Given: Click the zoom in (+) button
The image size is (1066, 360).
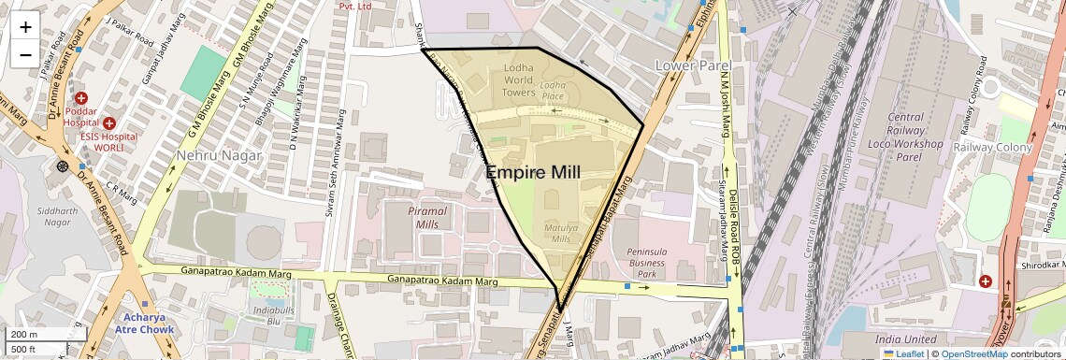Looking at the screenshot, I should pyautogui.click(x=25, y=26).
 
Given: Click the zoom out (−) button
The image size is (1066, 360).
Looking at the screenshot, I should pyautogui.click(x=25, y=54).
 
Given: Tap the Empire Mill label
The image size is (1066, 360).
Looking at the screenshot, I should pyautogui.click(x=533, y=172).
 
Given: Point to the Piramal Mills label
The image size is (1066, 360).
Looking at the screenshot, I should pyautogui.click(x=428, y=218).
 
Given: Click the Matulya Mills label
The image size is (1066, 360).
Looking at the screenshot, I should pyautogui.click(x=561, y=232).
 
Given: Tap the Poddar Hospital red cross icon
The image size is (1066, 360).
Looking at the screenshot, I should pyautogui.click(x=81, y=98).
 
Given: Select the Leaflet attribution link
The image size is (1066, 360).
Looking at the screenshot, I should pyautogui.click(x=904, y=353).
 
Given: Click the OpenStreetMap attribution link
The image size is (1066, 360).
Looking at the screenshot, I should pyautogui.click(x=973, y=353).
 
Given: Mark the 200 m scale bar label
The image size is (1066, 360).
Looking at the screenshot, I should pyautogui.click(x=23, y=335).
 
